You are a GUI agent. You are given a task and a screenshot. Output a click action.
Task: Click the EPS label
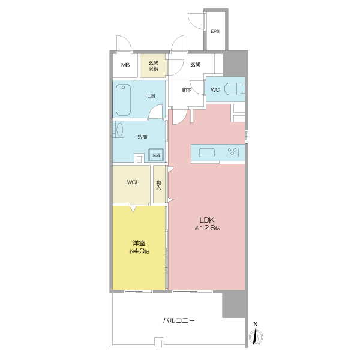(215, 31)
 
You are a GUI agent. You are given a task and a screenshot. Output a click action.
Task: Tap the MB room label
(125, 65)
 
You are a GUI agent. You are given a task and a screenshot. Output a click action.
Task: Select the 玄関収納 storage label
(154, 65)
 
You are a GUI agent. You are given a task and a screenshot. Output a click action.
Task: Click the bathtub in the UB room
(123, 100)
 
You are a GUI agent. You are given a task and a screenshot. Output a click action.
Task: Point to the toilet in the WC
(235, 89)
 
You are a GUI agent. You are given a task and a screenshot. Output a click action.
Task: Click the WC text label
(215, 90)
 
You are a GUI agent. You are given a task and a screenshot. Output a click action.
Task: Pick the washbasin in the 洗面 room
(119, 130)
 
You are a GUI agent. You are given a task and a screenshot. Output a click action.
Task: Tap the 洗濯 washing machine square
(157, 155)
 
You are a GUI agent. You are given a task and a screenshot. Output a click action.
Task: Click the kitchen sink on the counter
(207, 152)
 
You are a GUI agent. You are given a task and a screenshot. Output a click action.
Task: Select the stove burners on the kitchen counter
(232, 152)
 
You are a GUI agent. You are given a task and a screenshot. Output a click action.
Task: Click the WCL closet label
(133, 182)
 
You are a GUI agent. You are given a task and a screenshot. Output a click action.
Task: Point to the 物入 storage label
(158, 185)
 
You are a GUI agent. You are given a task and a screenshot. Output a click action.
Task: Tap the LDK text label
(207, 220)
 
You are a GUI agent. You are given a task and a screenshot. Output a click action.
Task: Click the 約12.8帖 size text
(208, 228)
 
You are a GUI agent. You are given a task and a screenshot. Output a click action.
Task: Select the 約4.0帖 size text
(139, 251)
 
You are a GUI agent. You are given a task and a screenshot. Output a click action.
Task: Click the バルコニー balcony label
(179, 320)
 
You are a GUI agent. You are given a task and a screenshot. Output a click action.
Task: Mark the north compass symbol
(256, 337)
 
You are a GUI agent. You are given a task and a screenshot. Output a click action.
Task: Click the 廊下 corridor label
(187, 91)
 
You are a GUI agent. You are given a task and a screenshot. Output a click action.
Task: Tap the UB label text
(151, 96)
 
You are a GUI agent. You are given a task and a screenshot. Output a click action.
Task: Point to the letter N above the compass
(256, 325)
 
